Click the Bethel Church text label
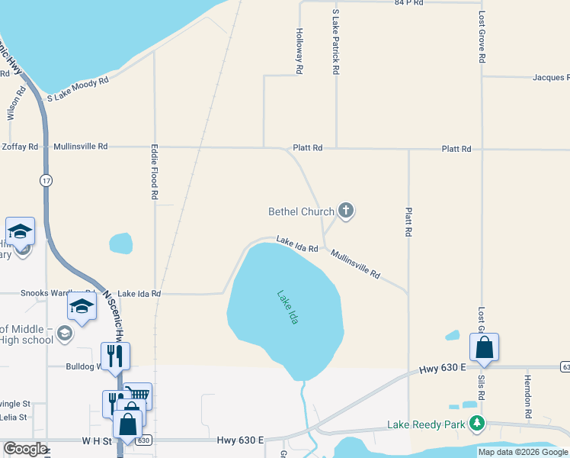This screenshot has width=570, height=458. [301, 211]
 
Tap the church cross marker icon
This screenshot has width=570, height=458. [346, 211]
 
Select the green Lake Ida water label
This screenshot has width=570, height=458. [287, 307]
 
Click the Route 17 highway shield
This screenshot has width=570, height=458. [46, 180]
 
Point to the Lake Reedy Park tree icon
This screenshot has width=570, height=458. [477, 423]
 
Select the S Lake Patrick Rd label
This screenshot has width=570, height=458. [335, 42]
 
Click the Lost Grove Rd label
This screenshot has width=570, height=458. [482, 37]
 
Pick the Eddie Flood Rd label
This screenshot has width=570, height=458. [154, 173]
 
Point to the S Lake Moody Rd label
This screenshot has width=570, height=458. [78, 89]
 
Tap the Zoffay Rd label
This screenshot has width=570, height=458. [20, 146]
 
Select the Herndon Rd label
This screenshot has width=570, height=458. [527, 395]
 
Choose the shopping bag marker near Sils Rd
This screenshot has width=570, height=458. [484, 348]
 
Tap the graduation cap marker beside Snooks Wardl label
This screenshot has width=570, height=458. [81, 307]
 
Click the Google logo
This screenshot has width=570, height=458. [24, 449]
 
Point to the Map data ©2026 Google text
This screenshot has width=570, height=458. [523, 452]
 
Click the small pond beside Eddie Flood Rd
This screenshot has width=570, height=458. [120, 244]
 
